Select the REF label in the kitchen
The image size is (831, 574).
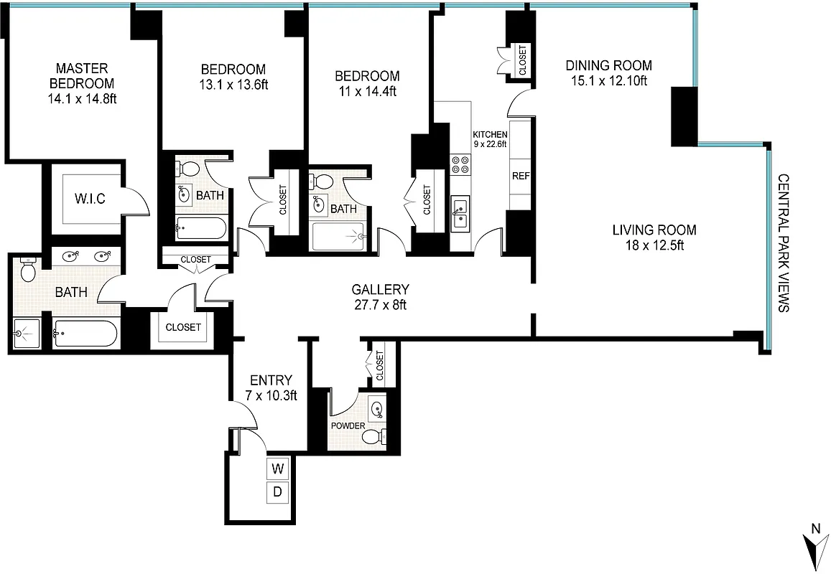(520, 177)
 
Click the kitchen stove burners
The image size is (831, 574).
(460, 165)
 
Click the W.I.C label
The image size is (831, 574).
(90, 199)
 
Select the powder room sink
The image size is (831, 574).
(377, 409)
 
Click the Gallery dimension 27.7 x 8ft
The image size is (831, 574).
(380, 304)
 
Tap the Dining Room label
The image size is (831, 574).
(608, 65)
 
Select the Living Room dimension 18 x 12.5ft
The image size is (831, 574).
(654, 245)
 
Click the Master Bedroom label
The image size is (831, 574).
(82, 75)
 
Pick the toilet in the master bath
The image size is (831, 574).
(29, 271)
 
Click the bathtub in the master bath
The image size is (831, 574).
(85, 334)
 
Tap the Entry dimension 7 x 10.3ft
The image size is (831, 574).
(270, 395)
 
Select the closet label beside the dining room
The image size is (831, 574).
(522, 61)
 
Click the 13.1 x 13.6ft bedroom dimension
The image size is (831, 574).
(233, 85)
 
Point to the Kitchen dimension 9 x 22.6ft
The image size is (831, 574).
(490, 143)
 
